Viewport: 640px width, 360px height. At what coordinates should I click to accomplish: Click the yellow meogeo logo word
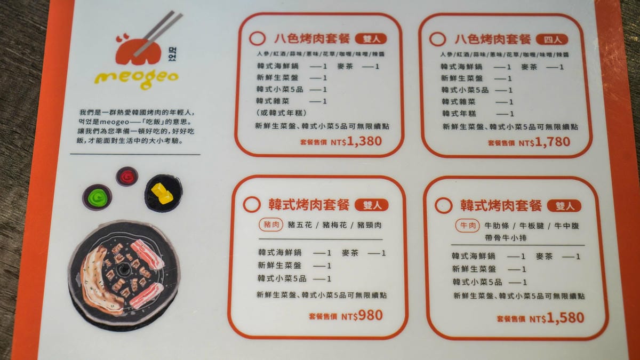point(137,79)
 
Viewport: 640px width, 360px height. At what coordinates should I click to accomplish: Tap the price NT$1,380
point(356,141)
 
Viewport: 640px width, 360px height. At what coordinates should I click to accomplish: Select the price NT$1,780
point(545,142)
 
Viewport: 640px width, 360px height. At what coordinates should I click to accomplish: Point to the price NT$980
point(362,315)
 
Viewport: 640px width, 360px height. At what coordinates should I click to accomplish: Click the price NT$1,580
point(557,318)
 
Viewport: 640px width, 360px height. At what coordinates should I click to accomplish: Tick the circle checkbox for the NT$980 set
point(252,204)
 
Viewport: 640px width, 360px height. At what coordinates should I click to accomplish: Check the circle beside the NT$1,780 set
point(437,39)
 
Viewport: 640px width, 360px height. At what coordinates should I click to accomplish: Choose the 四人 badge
point(552,39)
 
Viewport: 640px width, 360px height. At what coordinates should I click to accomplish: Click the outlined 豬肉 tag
point(271,225)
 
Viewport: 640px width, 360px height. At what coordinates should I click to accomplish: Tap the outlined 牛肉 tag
point(467,226)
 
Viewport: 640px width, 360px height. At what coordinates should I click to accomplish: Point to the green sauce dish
point(97,197)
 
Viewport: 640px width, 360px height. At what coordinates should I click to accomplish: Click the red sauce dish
point(127,177)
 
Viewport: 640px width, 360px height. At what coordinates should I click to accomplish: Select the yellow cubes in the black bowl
point(162,194)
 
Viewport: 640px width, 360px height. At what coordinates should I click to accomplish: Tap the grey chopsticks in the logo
point(158,33)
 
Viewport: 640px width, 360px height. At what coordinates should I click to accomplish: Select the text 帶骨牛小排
point(506,238)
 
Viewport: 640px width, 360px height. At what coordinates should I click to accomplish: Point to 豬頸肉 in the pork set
point(369,225)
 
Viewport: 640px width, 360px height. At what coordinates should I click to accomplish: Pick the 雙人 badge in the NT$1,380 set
point(371,39)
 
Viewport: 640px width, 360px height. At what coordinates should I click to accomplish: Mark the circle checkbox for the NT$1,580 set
point(443,205)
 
